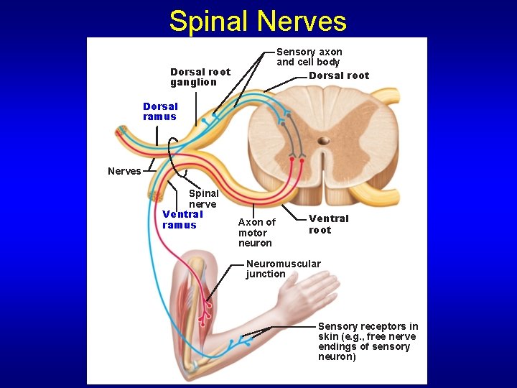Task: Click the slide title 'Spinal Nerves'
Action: tap(258, 22)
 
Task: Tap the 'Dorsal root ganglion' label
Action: tap(200, 77)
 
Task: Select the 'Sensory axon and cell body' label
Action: tap(309, 57)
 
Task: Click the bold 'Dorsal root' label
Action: tap(339, 75)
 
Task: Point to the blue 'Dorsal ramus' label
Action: tap(160, 111)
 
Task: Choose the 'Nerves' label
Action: tap(124, 171)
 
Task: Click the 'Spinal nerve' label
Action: tap(203, 198)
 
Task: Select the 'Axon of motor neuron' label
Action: tap(256, 232)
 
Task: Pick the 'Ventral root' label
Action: tap(328, 223)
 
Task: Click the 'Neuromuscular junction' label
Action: tap(283, 269)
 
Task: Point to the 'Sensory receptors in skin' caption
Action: tap(368, 341)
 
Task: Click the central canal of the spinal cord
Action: tap(323, 141)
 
